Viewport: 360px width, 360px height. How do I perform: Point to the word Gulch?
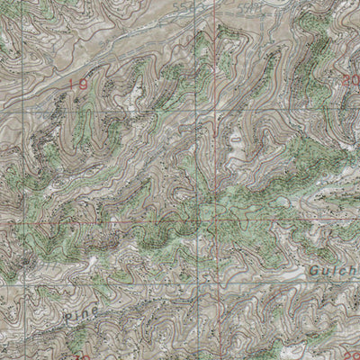coord(335,267)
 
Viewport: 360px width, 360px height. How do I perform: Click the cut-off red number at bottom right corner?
coord(350,355)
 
